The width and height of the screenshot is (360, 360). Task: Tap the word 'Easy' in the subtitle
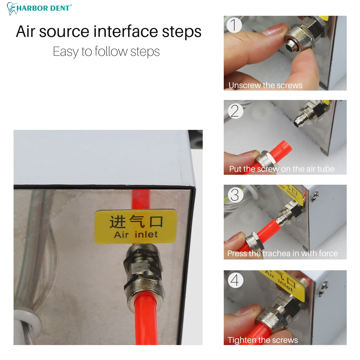[65, 52]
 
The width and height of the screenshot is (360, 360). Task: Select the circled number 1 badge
[234, 25]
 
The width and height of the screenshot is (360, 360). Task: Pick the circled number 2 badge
[236, 111]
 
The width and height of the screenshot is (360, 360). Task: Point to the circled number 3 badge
[236, 195]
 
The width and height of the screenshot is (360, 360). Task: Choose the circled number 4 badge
[236, 280]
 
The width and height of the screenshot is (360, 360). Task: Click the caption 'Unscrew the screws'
[265, 85]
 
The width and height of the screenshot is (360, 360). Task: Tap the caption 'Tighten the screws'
[263, 340]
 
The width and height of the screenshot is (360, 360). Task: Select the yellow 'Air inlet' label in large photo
[136, 227]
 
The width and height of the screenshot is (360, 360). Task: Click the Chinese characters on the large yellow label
[136, 222]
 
